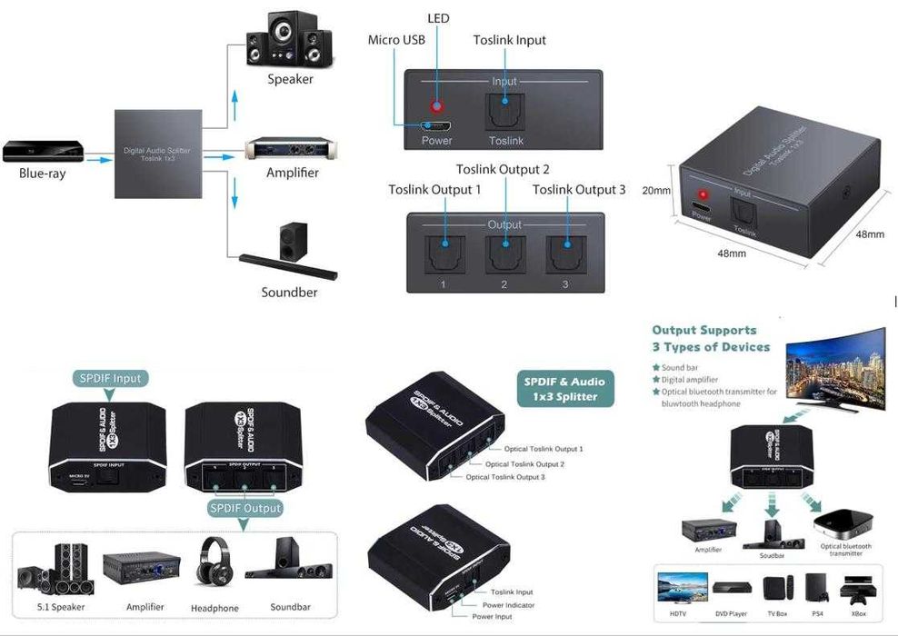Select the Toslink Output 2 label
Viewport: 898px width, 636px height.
pos(503,169)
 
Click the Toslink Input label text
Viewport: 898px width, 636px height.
pos(510,40)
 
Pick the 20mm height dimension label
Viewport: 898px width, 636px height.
pos(655,191)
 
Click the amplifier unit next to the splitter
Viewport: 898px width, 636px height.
pos(292,147)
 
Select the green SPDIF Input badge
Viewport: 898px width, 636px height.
pos(109,378)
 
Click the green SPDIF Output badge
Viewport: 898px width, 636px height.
pos(245,508)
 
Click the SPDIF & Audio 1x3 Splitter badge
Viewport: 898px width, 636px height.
pos(564,389)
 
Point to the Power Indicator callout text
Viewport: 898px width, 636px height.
pos(508,605)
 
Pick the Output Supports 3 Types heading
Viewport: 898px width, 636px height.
pos(711,338)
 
